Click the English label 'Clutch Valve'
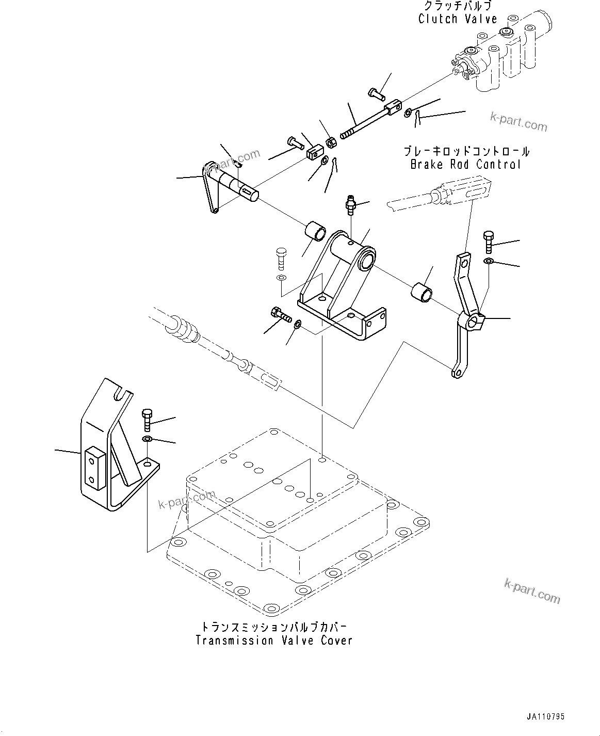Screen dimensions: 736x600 tap(457, 19)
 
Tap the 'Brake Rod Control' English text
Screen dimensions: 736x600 tap(465, 165)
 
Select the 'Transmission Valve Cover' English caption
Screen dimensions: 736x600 tap(274, 641)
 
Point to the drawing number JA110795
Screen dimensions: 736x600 tap(545, 717)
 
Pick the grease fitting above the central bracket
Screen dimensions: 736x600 tap(351, 205)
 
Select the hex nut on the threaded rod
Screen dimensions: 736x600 tap(332, 140)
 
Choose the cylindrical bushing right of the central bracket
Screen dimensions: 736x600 tap(421, 292)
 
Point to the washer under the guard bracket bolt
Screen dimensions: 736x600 tap(147, 439)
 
